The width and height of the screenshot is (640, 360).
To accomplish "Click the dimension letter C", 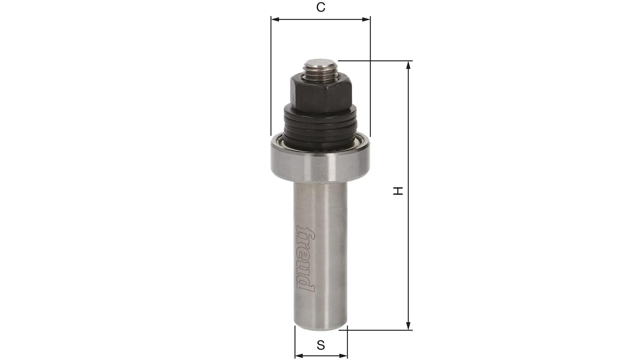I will coord(321,7).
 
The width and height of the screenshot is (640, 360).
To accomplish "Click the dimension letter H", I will coord(398,191).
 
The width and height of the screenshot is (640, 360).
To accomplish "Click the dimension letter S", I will coord(321,345).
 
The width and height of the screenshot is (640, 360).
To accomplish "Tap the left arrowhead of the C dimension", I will coord(275,20).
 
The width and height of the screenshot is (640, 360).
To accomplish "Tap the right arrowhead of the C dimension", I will coord(367,20).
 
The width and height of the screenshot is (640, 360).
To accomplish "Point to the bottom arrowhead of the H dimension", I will coord(408,326).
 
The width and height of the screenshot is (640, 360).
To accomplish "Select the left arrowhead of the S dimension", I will coord(298,356).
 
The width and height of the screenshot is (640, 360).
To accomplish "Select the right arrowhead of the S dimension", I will coord(344,356).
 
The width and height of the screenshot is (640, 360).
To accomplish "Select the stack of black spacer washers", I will coord(320,128).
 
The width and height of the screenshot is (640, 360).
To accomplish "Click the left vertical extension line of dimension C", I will coord(271,77).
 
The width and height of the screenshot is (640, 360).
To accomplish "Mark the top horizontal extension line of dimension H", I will coord(374,60).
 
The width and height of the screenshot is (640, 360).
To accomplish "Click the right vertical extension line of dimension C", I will coord(370,77).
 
